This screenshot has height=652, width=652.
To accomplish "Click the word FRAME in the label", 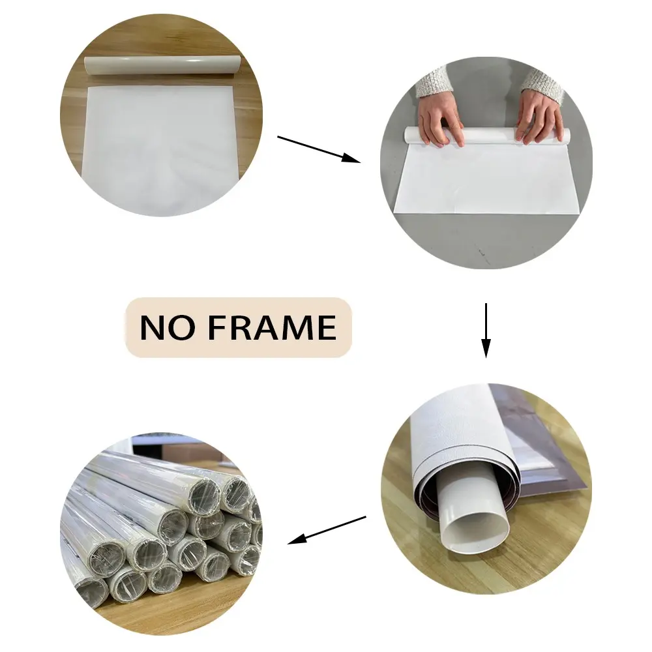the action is pyautogui.click(x=272, y=327).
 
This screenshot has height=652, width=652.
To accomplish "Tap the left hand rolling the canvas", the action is pyautogui.click(x=441, y=120).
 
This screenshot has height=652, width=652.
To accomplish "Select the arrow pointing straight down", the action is pyautogui.click(x=486, y=330).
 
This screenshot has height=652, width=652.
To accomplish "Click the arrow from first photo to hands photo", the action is pyautogui.click(x=319, y=149).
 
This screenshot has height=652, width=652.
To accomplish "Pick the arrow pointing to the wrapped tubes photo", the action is pyautogui.click(x=327, y=530).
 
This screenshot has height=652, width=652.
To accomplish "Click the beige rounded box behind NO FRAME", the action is pyautogui.click(x=239, y=327).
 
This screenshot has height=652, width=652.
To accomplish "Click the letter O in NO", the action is pyautogui.click(x=182, y=328).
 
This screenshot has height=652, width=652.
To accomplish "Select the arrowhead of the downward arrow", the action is pyautogui.click(x=486, y=348).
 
